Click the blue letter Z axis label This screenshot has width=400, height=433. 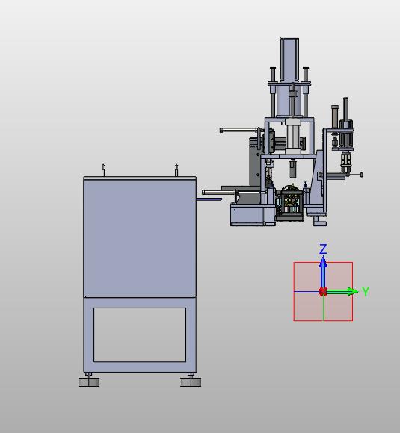click(x=323, y=249)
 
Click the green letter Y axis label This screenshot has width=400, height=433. click(x=366, y=291)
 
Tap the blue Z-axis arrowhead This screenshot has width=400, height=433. click(x=323, y=262)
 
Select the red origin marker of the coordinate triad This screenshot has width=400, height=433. click(x=323, y=291)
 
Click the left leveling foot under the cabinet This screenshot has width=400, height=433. click(x=89, y=380)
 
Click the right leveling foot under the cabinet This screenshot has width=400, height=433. click(x=191, y=380)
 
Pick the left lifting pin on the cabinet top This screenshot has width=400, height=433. click(x=103, y=170)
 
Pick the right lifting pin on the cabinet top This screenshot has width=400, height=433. click(x=176, y=170)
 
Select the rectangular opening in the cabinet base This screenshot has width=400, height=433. click(x=140, y=334)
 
